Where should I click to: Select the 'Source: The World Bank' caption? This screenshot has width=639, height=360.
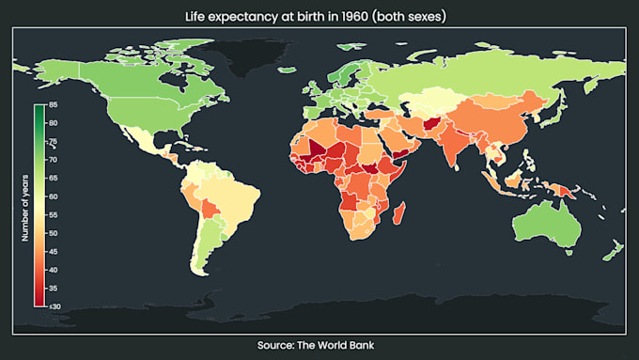319,346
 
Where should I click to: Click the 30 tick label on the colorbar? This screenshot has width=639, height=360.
55,306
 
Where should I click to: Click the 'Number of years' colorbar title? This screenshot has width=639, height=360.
27,206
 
